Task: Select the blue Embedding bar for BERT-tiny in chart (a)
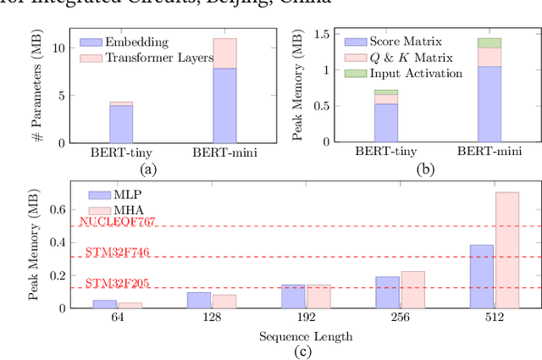[121, 124]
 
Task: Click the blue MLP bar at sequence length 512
[482, 276]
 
